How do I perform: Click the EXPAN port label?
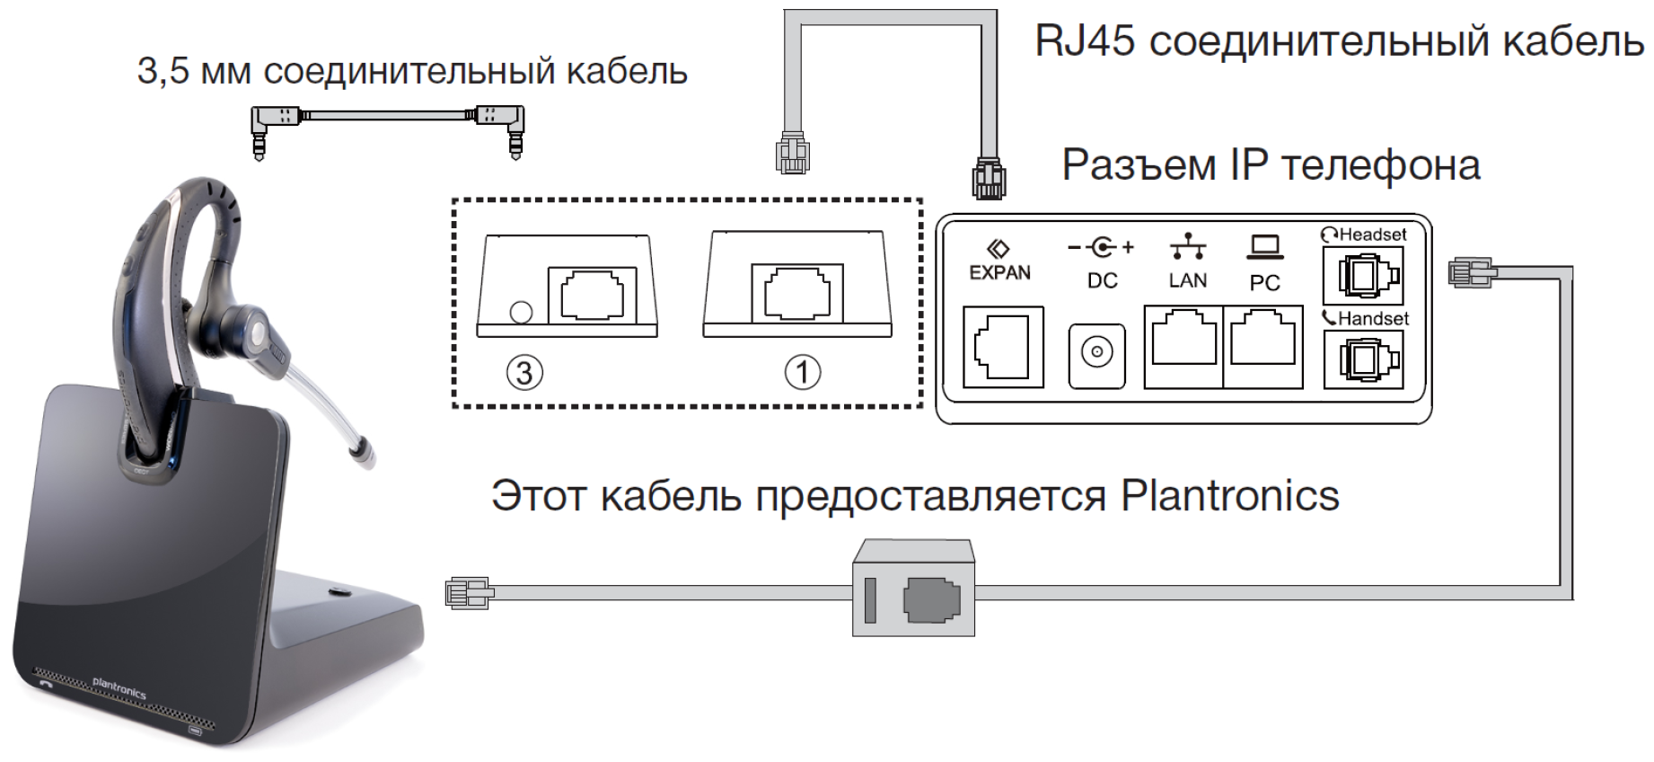(x=999, y=272)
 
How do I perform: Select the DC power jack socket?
(x=1096, y=354)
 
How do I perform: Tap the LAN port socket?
(x=1183, y=345)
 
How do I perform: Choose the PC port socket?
(x=1262, y=345)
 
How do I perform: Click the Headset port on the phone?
(x=1362, y=276)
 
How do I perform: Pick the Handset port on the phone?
(x=1362, y=359)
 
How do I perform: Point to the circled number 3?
(x=525, y=372)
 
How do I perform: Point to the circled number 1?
(x=803, y=372)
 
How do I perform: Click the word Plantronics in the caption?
(x=1230, y=496)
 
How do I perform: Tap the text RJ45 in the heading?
(x=1085, y=41)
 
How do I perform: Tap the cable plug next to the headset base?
(x=468, y=594)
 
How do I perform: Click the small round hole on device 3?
(x=521, y=313)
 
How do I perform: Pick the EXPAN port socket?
(x=1003, y=347)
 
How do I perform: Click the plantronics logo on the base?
(x=119, y=689)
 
